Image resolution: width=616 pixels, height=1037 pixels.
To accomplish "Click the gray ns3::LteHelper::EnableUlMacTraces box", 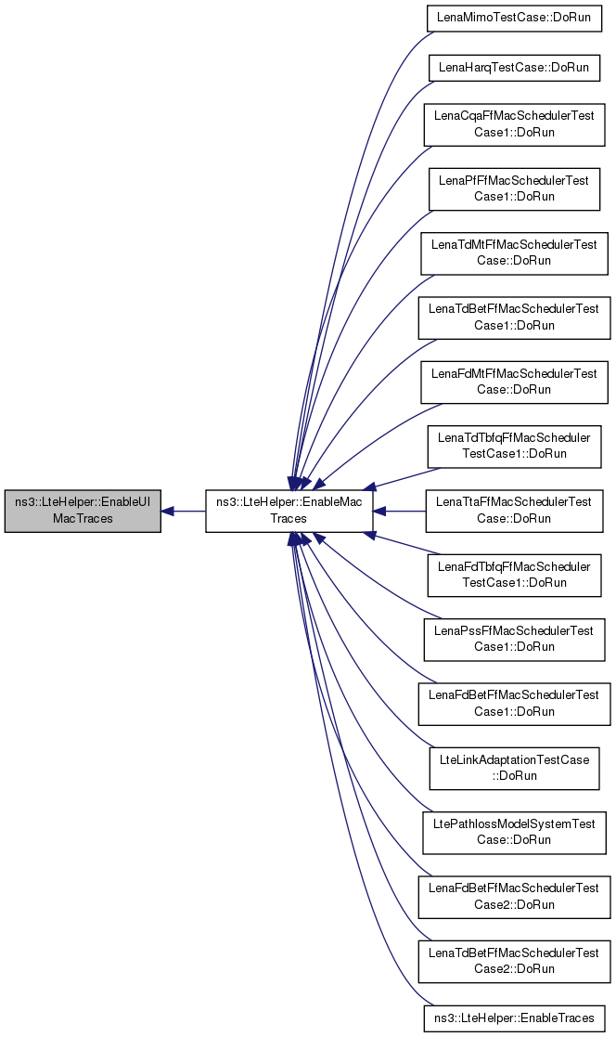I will pyautogui.click(x=83, y=511).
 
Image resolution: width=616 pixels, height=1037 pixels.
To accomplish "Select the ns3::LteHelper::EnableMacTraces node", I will pyautogui.click(x=289, y=511).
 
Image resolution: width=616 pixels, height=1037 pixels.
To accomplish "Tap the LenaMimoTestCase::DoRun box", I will pyautogui.click(x=514, y=18).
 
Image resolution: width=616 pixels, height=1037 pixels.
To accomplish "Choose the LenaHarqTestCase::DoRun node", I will pyautogui.click(x=514, y=68).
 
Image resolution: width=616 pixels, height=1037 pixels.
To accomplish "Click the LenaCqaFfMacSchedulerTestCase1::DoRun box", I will pyautogui.click(x=514, y=124).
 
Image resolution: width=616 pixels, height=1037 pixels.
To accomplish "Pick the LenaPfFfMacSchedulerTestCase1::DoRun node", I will pyautogui.click(x=514, y=188).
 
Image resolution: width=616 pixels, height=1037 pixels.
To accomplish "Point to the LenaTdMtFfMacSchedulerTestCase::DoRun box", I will pyautogui.click(x=514, y=253).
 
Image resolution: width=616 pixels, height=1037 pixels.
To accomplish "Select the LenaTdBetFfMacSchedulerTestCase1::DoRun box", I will pyautogui.click(x=514, y=318).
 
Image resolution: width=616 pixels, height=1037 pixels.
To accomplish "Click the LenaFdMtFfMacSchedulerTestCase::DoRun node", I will pyautogui.click(x=514, y=382).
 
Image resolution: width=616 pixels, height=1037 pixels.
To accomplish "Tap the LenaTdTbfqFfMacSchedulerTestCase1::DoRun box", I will pyautogui.click(x=514, y=446).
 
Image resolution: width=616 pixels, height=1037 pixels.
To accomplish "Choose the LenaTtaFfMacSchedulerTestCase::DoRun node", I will pyautogui.click(x=514, y=511).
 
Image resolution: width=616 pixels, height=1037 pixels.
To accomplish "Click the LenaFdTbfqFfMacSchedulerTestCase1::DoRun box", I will pyautogui.click(x=514, y=575).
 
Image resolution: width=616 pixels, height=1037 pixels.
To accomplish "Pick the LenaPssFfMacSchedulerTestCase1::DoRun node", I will pyautogui.click(x=514, y=639).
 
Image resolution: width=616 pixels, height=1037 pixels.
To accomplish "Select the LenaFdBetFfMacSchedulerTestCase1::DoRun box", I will pyautogui.click(x=514, y=704).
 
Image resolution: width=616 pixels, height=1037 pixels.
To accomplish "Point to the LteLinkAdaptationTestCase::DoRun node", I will pyautogui.click(x=514, y=768).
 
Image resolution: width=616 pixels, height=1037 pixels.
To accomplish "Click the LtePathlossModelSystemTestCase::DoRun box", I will pyautogui.click(x=514, y=832).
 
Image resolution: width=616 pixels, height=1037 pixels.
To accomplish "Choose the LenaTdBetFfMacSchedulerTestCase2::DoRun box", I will pyautogui.click(x=514, y=961).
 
